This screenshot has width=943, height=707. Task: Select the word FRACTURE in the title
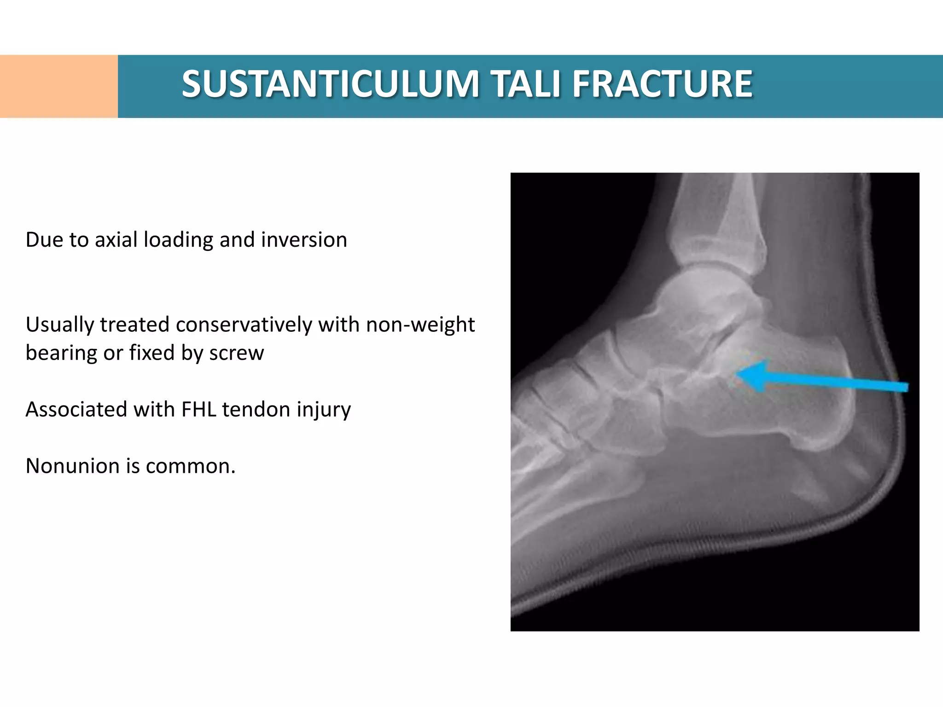(663, 84)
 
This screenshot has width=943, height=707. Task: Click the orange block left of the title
(58, 86)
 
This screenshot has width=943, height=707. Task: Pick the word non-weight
(420, 325)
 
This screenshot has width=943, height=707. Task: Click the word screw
(236, 353)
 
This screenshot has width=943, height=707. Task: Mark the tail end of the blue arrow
(906, 387)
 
